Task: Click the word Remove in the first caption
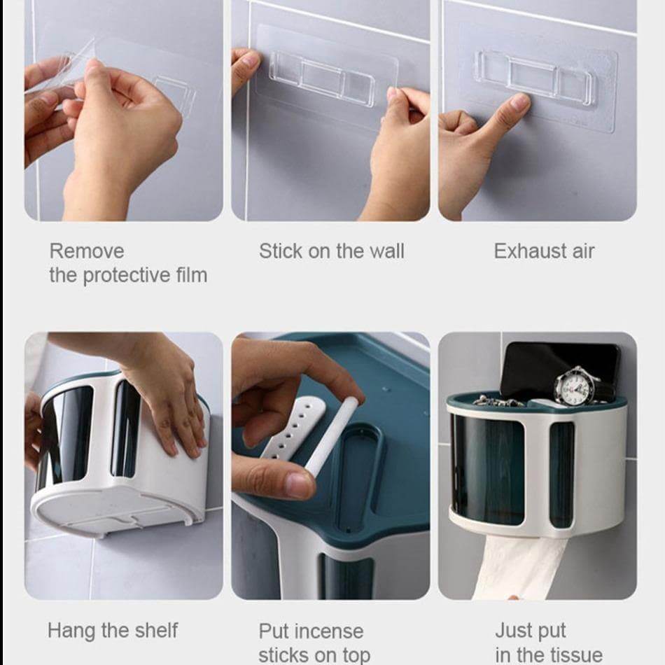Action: click(x=86, y=251)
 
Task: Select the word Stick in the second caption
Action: click(x=279, y=251)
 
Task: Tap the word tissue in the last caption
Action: click(x=573, y=655)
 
